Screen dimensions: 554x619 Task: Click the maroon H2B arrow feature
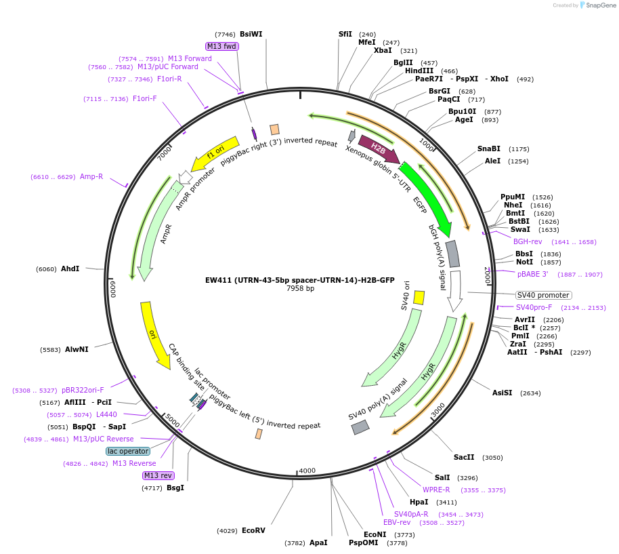tap(378, 149)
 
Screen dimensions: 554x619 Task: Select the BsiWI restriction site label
tap(251, 34)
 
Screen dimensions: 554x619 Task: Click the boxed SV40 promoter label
tap(543, 295)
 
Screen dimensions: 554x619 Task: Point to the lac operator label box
tap(128, 451)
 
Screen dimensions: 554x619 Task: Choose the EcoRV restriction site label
tap(253, 530)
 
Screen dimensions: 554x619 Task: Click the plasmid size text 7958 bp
tap(300, 288)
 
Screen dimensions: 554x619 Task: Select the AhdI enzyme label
tap(70, 269)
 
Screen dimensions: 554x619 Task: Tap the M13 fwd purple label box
tap(222, 46)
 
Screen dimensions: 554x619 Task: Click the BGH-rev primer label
tap(527, 241)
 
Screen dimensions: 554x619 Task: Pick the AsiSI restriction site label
tap(502, 393)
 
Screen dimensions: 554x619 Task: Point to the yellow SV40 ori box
tap(419, 297)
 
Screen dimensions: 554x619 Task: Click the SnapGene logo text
tap(599, 5)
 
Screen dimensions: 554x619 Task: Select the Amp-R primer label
tap(91, 177)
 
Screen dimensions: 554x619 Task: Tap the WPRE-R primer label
tap(436, 490)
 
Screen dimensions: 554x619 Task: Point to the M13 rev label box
tap(157, 475)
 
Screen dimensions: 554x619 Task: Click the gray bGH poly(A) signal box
tap(452, 253)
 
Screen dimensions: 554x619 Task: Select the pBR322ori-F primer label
tap(83, 390)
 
